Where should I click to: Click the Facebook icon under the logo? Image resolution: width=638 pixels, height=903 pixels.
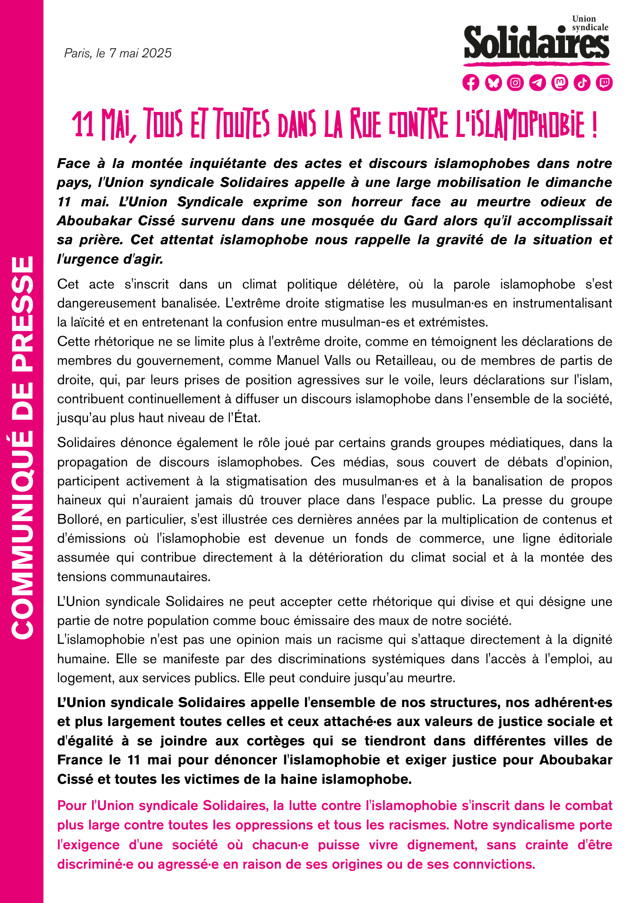point(471,83)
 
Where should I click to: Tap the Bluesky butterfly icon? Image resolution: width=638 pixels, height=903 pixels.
point(493,83)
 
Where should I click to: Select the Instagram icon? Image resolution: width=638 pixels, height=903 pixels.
point(515,83)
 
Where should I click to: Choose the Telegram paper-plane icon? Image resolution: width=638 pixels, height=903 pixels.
point(537,83)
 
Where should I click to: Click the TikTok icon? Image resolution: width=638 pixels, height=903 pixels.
point(582,83)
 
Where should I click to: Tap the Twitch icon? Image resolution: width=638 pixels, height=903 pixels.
point(604,83)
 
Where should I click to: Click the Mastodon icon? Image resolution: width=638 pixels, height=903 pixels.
point(559,83)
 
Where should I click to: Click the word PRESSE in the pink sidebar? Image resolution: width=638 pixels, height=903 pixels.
point(22,307)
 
